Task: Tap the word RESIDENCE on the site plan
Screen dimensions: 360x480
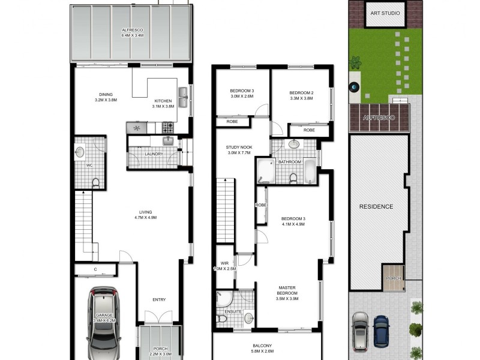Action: click(x=376, y=206)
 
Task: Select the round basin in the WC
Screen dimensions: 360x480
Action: click(x=80, y=153)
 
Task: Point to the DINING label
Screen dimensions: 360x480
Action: click(x=106, y=94)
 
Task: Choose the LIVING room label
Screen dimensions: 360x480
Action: click(x=145, y=212)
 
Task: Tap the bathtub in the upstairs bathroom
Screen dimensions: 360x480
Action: click(x=310, y=172)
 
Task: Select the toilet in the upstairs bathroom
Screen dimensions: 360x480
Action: click(x=292, y=178)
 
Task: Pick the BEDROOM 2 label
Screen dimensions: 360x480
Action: click(x=301, y=92)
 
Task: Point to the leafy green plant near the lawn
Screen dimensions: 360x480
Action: click(x=355, y=62)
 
